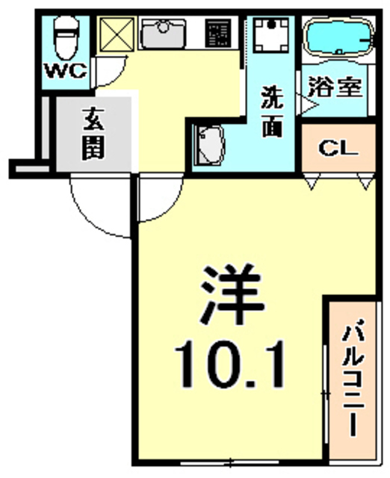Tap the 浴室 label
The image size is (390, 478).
click(336, 87)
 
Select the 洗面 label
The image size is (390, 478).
click(271, 111)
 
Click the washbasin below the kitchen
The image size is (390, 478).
click(208, 146)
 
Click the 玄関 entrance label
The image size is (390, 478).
click(93, 134)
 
